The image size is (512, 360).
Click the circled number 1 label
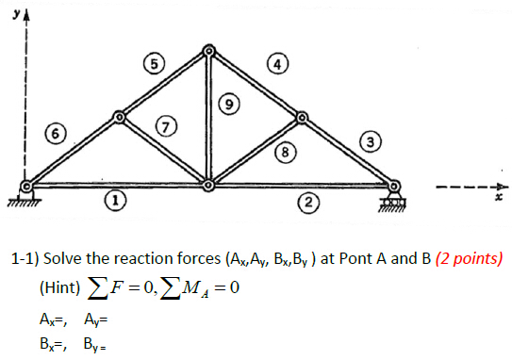[114, 200]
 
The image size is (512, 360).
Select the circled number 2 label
[306, 200]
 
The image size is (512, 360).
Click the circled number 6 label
[58, 134]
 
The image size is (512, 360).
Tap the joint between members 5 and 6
[119, 117]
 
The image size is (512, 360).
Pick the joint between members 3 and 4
[303, 117]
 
